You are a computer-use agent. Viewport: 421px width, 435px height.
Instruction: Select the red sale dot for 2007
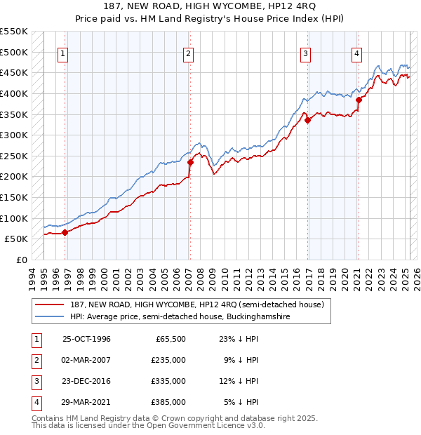(x=190, y=162)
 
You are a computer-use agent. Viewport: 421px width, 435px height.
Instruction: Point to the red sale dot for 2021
(x=358, y=100)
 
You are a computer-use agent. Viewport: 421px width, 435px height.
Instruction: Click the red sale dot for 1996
(x=65, y=232)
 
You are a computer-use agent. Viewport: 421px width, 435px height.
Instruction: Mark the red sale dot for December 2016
(x=307, y=120)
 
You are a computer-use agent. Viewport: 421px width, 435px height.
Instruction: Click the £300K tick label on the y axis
(x=13, y=135)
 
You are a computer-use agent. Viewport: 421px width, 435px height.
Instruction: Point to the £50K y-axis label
(x=16, y=239)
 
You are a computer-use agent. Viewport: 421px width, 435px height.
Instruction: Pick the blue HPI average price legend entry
(x=180, y=317)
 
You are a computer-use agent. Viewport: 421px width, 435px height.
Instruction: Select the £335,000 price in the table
(x=169, y=381)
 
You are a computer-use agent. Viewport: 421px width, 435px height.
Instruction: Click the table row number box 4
(x=34, y=402)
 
